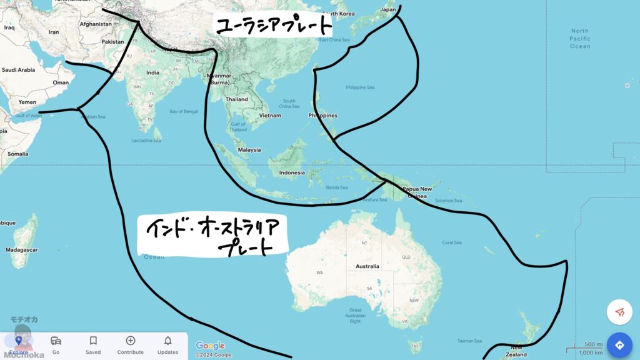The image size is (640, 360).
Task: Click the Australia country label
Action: (367, 266)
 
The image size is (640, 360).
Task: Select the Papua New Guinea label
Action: (417, 192)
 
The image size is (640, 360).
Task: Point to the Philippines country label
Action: (322, 116)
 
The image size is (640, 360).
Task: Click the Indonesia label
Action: (292, 172)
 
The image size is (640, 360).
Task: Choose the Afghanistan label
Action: (96, 24)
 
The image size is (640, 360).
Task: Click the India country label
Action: (152, 72)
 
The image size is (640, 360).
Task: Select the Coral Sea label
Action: (452, 242)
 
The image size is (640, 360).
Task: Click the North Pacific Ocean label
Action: (579, 38)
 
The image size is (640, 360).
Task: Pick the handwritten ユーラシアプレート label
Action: (273, 26)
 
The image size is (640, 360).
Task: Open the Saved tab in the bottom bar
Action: (93, 344)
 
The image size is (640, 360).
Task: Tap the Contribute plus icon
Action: (130, 341)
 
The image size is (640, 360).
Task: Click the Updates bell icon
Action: (167, 341)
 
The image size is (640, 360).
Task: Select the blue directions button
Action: (619, 345)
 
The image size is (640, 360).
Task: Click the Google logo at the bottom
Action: (210, 346)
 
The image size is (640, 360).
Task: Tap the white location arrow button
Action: (619, 312)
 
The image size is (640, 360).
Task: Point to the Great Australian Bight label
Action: (355, 316)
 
